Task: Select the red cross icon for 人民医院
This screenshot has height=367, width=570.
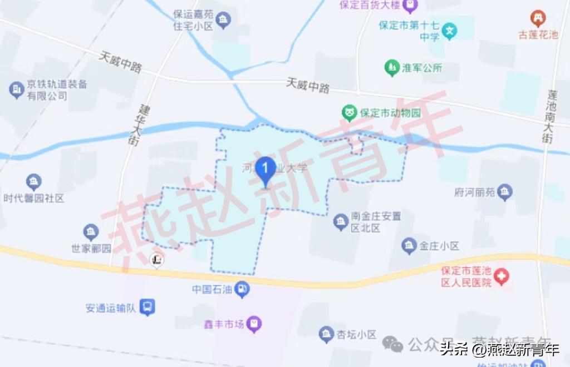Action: click(502, 276)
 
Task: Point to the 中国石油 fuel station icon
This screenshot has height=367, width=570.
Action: click(242, 289)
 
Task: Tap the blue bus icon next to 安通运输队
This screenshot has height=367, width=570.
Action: click(147, 307)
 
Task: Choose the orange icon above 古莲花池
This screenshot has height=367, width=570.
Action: click(538, 18)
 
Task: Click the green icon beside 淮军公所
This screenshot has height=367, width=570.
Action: click(392, 68)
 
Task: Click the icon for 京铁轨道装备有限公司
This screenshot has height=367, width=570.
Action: click(17, 90)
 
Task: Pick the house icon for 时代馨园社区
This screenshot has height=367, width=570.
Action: click(34, 182)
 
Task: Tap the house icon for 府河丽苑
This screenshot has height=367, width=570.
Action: click(505, 192)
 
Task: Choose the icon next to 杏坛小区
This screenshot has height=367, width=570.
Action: click(326, 334)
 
